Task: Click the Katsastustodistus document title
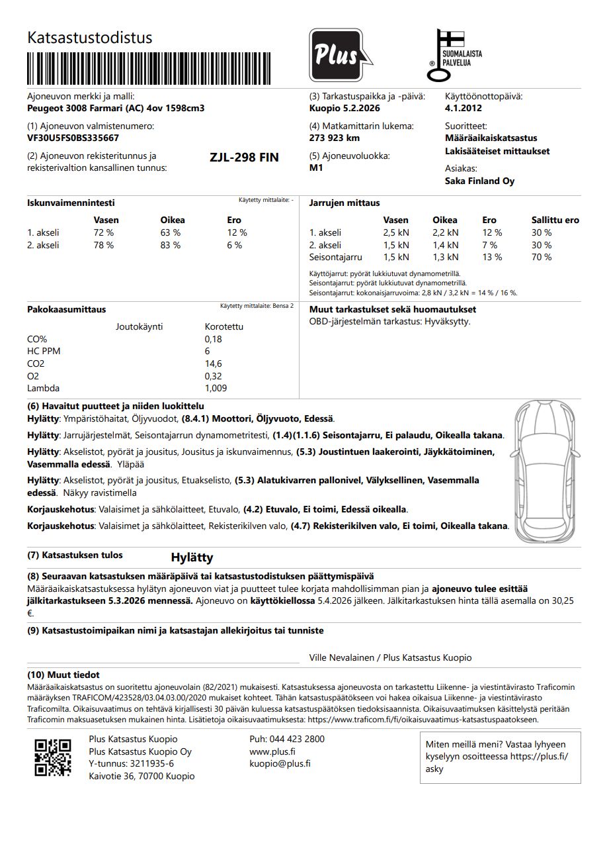pyautogui.click(x=89, y=38)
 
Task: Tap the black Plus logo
pyautogui.click(x=336, y=56)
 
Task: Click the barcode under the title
pyautogui.click(x=149, y=68)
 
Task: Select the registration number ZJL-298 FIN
pyautogui.click(x=244, y=158)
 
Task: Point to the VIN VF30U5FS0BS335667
pyautogui.click(x=73, y=138)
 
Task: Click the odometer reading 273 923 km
pyautogui.click(x=335, y=138)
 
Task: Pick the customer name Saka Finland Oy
pyautogui.click(x=479, y=181)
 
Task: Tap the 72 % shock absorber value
pyautogui.click(x=104, y=232)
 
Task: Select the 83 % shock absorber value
pyautogui.click(x=171, y=245)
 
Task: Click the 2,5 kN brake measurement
pyautogui.click(x=395, y=232)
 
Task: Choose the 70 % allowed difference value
pyautogui.click(x=542, y=257)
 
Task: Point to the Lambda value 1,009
pyautogui.click(x=216, y=388)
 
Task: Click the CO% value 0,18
pyautogui.click(x=214, y=339)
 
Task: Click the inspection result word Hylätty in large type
pyautogui.click(x=192, y=557)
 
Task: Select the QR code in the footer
pyautogui.click(x=53, y=757)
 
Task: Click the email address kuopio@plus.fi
pyautogui.click(x=280, y=763)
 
